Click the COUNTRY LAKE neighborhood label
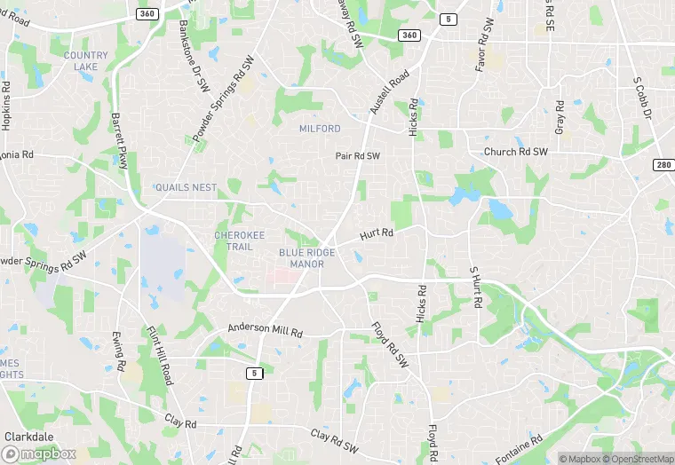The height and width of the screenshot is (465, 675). pos(86,61)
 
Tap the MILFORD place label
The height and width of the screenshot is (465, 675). pos(320,129)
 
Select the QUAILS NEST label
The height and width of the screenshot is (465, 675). pos(186,188)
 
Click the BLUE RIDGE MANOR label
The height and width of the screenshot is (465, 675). pos(307,258)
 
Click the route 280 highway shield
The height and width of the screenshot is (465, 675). pos(663,165)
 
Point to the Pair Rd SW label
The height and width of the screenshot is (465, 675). pos(358,155)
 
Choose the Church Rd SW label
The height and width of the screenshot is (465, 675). pos(516,152)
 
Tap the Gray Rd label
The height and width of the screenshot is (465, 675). pos(560,117)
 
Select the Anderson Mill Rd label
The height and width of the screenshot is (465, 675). pos(266,328)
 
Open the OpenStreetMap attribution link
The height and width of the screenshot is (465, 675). pos(639,458)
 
